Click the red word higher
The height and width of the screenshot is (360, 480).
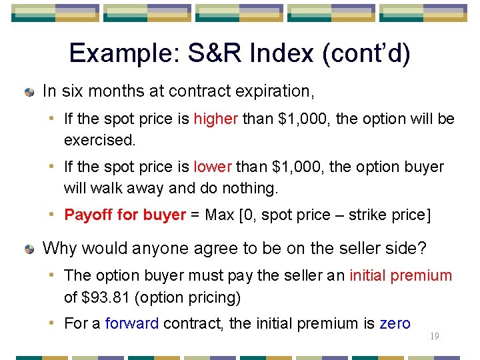click(215, 119)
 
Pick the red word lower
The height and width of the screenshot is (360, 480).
click(212, 167)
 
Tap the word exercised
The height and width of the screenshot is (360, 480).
click(99, 140)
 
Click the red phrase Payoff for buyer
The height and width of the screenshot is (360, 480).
click(125, 215)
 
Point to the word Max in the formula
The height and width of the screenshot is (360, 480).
click(221, 215)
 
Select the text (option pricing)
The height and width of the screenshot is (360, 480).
click(187, 297)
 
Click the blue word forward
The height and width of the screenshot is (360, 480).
click(131, 324)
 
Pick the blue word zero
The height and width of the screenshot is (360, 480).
click(395, 324)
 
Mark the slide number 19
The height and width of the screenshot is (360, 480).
click(435, 337)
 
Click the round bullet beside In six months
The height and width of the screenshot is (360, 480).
click(29, 91)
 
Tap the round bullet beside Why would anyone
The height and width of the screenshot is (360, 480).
click(29, 250)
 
